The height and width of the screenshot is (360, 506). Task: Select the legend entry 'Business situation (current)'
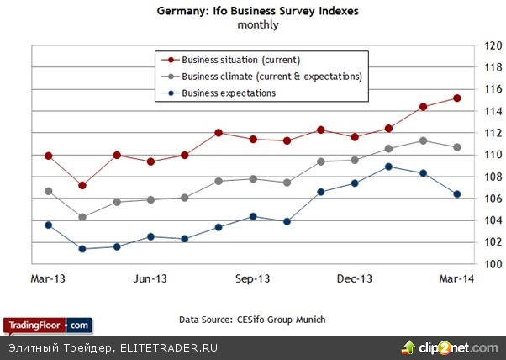click(240, 60)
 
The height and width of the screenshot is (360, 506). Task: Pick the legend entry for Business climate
click(271, 77)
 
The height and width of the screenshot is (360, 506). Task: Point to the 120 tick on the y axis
click(492, 45)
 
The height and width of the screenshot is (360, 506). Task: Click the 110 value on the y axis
click(492, 155)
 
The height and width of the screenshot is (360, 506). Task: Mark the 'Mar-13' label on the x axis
click(48, 278)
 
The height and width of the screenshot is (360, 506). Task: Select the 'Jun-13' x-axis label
click(150, 278)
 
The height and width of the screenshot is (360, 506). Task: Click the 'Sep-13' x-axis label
click(252, 278)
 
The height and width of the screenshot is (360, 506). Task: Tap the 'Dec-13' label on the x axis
click(354, 278)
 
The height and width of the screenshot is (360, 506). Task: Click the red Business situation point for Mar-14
click(456, 98)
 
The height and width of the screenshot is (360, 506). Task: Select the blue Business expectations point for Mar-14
click(456, 194)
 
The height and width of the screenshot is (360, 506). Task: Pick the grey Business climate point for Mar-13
click(48, 191)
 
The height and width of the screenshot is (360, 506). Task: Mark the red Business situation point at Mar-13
click(48, 156)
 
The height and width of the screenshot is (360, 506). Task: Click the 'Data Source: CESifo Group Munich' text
click(252, 320)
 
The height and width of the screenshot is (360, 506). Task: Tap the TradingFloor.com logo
click(47, 325)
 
